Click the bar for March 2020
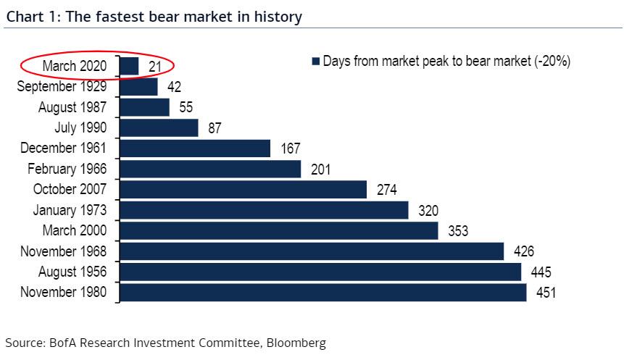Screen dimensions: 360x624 [129, 66]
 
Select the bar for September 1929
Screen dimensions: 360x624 [138, 87]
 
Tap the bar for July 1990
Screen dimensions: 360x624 [159, 128]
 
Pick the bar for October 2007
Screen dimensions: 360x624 [243, 190]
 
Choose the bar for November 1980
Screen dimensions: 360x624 [323, 293]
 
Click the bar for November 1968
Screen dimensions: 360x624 [312, 251]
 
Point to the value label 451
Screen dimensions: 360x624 [544, 293]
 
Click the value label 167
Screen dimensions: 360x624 [290, 149]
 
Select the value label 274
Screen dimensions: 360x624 [387, 191]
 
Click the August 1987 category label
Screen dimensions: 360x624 [72, 107]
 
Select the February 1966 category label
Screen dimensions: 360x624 [67, 169]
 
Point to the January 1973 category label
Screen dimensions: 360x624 [70, 211]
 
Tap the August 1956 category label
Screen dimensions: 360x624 [72, 272]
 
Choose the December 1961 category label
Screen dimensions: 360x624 [65, 148]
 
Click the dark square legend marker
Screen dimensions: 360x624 [315, 62]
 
